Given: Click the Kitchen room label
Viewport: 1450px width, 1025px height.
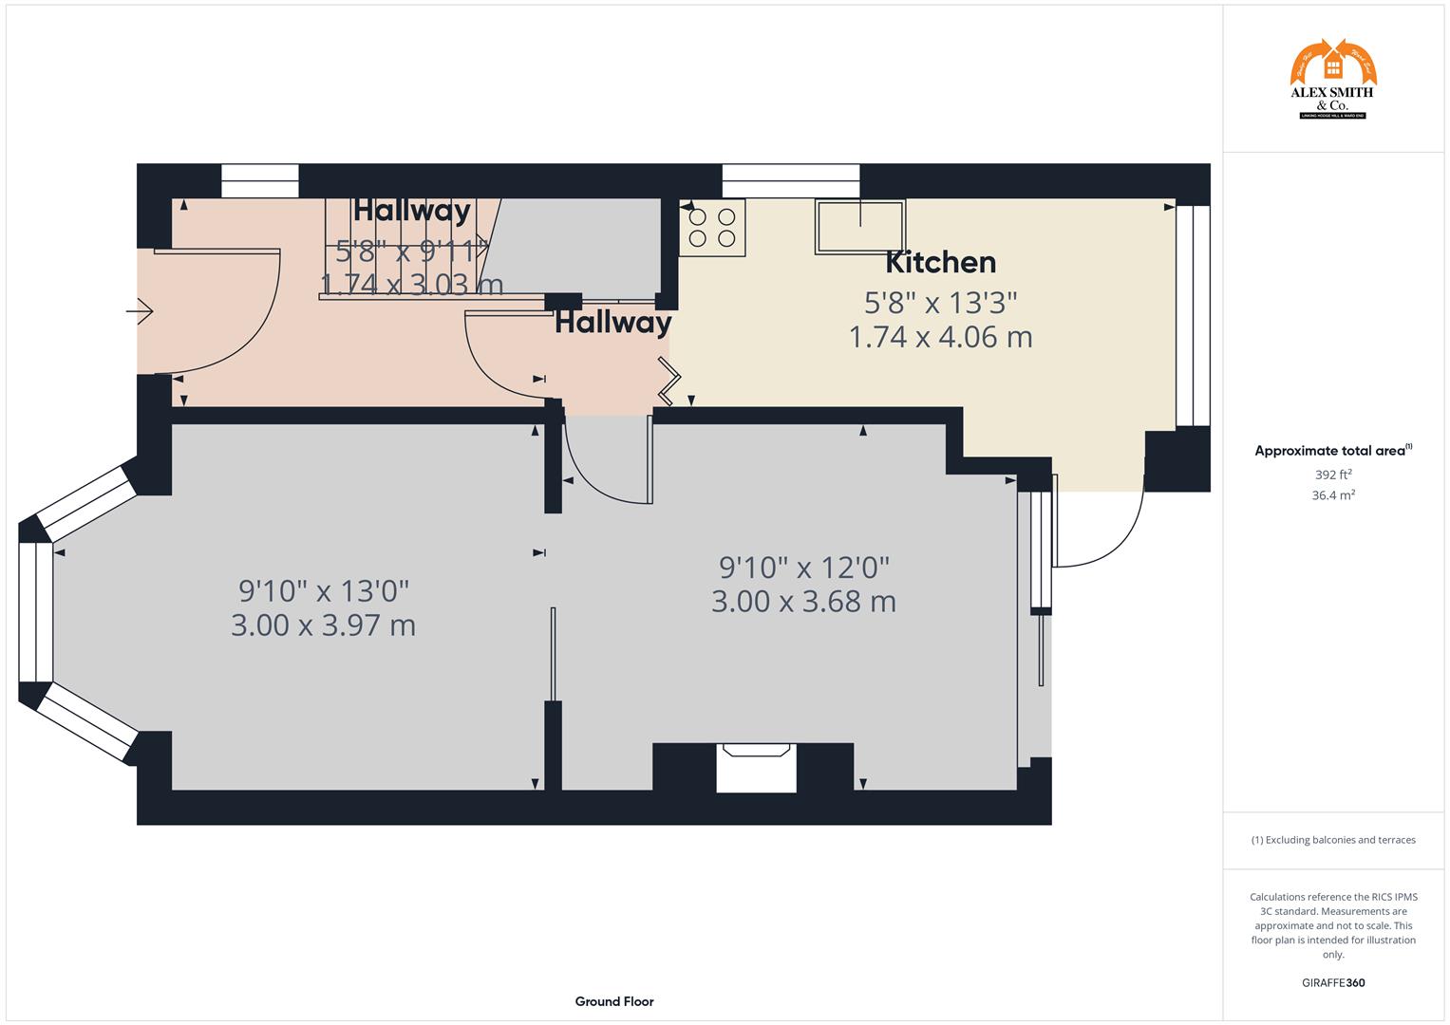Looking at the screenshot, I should tap(940, 262).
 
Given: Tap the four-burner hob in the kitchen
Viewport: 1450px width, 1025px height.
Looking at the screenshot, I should tap(712, 228).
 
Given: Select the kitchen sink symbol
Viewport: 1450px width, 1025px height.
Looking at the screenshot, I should tap(860, 226).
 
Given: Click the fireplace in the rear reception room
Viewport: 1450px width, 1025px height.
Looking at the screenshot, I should tap(756, 767).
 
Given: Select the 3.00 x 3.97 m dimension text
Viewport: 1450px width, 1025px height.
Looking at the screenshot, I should tap(323, 625).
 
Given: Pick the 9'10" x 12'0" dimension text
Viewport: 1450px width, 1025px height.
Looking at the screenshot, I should tap(803, 568).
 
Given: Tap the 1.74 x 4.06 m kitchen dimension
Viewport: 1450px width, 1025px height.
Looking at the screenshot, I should tap(940, 337).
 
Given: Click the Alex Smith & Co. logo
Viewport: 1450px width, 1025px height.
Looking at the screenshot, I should tap(1332, 80).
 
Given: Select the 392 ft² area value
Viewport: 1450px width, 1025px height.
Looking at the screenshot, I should tap(1332, 475).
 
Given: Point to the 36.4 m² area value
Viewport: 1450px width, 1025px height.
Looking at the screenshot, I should tap(1332, 495).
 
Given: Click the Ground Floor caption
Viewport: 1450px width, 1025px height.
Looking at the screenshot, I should tap(613, 1001).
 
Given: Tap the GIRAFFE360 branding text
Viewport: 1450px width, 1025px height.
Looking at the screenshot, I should tap(1332, 983).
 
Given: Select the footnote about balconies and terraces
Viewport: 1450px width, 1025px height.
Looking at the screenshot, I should tap(1332, 840).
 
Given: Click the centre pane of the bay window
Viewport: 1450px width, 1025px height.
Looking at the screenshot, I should tap(36, 612).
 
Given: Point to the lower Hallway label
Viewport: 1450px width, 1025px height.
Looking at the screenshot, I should tap(612, 324).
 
